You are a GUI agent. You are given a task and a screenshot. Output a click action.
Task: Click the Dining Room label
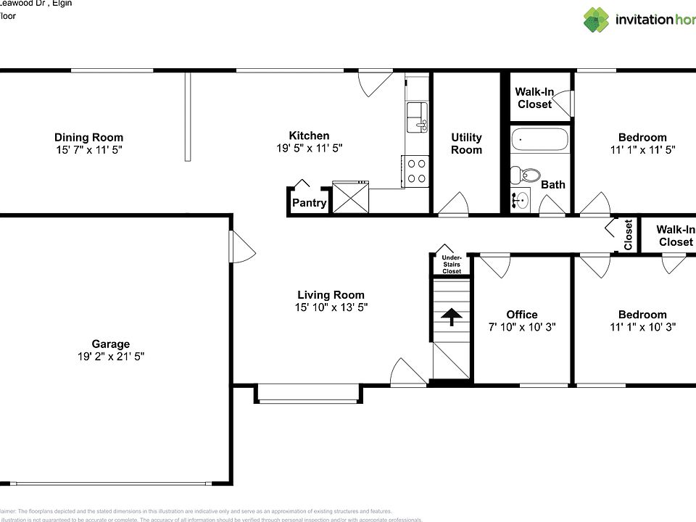(88, 137)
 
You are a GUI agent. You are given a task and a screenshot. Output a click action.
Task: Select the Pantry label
(309, 203)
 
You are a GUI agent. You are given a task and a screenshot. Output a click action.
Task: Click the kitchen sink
(417, 117)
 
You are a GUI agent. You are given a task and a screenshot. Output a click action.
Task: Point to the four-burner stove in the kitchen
(416, 171)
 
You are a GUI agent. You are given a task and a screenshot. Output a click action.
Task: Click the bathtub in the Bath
(540, 138)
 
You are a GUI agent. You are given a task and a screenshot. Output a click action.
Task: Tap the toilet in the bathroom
(525, 175)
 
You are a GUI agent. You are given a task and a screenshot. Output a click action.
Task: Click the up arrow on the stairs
(451, 316)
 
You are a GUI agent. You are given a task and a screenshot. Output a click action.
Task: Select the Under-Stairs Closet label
(452, 264)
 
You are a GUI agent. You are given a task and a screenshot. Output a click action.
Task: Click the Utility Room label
(466, 144)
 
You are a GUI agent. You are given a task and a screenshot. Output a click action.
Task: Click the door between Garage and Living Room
(241, 247)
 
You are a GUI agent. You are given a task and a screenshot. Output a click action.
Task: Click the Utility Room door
(455, 205)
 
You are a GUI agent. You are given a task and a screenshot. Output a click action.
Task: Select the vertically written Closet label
(628, 234)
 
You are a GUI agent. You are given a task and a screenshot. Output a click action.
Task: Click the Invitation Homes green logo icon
(597, 20)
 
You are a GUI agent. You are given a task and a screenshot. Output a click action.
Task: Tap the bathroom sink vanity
(521, 200)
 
